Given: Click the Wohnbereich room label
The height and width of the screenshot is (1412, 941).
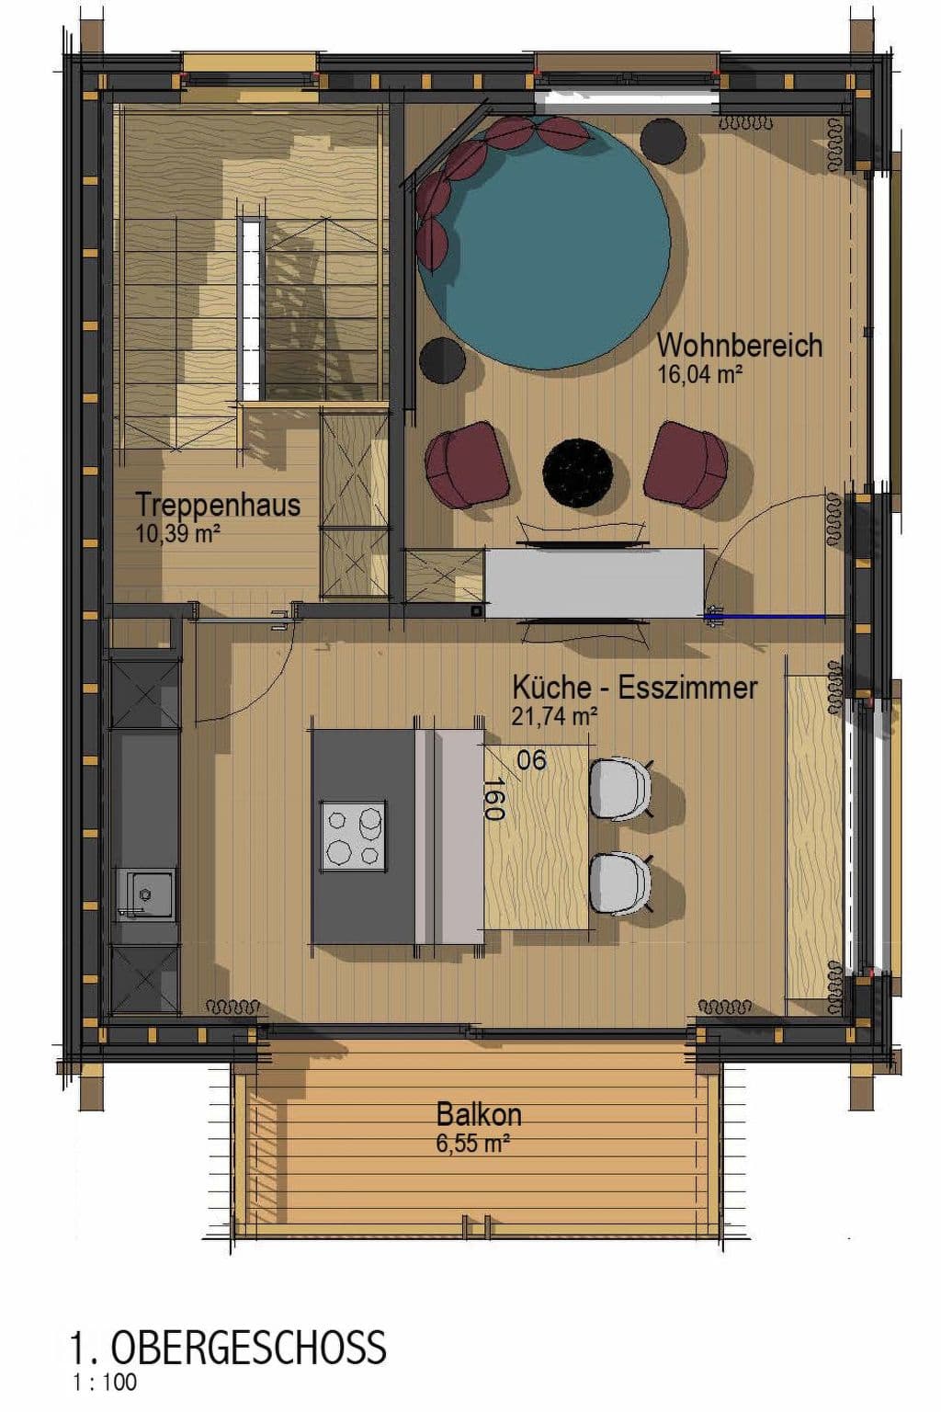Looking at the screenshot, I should click(x=739, y=346).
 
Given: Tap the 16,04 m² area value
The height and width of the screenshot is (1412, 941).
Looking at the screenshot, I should click(x=699, y=374).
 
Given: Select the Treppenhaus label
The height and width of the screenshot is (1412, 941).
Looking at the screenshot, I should click(x=218, y=505).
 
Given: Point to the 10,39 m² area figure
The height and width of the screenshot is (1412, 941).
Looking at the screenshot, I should click(x=177, y=533).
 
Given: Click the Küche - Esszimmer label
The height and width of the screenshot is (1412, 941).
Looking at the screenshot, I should click(x=634, y=688).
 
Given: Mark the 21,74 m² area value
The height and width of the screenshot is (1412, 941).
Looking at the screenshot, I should click(x=555, y=716).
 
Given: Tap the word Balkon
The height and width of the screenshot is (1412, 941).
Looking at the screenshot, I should click(x=479, y=1114).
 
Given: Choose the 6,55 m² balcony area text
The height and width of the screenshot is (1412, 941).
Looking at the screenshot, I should click(x=473, y=1144).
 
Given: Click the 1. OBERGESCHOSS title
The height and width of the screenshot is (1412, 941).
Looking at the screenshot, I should click(x=228, y=1348).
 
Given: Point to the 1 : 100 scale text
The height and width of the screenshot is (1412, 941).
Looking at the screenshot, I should click(x=104, y=1382).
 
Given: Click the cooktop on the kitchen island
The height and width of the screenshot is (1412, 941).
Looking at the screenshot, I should click(x=353, y=836).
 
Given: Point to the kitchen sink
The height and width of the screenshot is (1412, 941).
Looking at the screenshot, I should click(x=145, y=893).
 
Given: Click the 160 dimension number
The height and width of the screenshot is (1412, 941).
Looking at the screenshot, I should click(x=493, y=799).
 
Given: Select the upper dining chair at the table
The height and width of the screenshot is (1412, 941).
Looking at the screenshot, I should click(x=620, y=788).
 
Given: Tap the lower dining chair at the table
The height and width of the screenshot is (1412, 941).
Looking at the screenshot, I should click(x=620, y=883).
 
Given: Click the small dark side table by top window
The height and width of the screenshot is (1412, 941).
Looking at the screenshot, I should click(x=663, y=141).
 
